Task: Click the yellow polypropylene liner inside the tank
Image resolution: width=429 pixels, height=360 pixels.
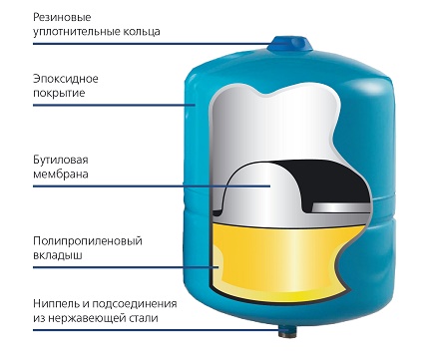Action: (289, 264)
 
